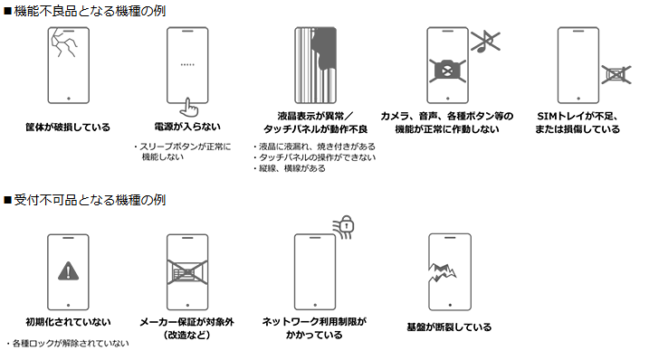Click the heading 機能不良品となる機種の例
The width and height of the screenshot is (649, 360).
tap(90, 11)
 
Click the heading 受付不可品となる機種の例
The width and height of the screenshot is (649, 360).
tap(90, 200)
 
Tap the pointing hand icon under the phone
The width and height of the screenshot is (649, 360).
tap(189, 108)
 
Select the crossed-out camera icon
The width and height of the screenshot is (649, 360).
tap(447, 71)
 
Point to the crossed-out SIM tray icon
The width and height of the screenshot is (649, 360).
tap(616, 74)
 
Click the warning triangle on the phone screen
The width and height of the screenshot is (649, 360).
tap(68, 271)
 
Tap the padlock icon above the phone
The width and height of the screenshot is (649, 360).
tap(347, 223)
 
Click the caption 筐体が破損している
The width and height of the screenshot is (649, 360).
tap(68, 127)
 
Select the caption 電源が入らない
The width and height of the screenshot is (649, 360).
tap(187, 127)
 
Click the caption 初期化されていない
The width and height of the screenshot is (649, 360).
tap(68, 322)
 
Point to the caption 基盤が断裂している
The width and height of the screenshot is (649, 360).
tap(449, 327)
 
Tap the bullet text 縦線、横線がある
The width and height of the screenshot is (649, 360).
tap(291, 168)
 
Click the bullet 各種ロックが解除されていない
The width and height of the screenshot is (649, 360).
tap(71, 344)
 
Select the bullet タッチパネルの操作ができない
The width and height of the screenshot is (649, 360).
tap(317, 157)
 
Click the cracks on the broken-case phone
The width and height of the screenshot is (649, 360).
tap(63, 43)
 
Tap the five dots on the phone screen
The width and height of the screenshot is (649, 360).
tap(187, 64)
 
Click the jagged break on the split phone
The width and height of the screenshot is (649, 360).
tap(442, 271)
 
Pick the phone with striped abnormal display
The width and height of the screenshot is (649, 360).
tap(315, 65)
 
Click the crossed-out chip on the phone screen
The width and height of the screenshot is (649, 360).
tap(187, 272)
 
